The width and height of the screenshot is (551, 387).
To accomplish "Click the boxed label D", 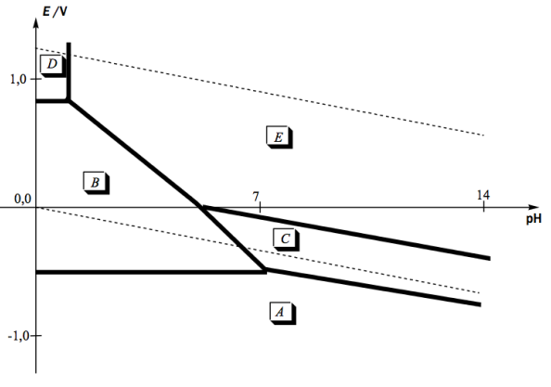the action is [53, 65].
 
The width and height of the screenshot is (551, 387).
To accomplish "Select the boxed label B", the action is [96, 183].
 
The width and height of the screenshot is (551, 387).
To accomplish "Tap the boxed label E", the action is [279, 136].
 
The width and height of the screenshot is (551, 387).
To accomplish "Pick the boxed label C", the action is [286, 239].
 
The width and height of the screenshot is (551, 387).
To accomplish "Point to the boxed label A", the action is [283, 313].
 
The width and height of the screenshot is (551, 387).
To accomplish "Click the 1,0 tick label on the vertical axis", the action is [19, 80].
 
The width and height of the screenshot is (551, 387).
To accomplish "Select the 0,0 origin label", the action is [22, 199].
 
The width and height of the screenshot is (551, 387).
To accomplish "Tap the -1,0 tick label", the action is [18, 336].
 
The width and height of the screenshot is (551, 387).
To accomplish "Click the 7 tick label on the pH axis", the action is [256, 196].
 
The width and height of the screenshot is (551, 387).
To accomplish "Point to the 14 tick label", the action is [483, 195].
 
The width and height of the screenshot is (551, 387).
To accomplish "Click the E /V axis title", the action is [55, 11].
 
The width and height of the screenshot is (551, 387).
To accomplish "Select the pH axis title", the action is [533, 219].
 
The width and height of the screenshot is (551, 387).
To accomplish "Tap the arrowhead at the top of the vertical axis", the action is [36, 21].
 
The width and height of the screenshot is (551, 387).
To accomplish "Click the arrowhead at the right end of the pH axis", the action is [532, 207].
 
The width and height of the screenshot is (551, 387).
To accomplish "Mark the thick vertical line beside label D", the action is [69, 71].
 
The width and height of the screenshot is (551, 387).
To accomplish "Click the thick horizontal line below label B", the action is [151, 272].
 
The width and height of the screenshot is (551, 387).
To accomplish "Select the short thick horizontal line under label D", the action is [52, 101].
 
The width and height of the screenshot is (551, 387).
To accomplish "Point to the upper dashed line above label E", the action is [260, 91].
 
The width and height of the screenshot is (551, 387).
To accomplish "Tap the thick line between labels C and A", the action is [373, 287].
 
